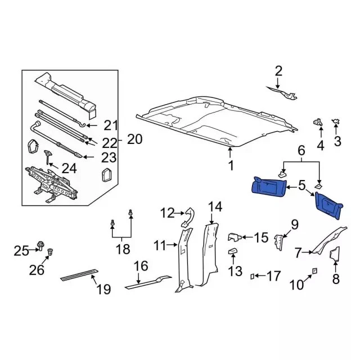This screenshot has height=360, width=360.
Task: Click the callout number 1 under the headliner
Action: [230, 165]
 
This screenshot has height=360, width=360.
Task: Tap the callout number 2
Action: [278, 71]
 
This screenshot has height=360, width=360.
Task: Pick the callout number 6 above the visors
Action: [301, 150]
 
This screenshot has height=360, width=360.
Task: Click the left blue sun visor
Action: [268, 185]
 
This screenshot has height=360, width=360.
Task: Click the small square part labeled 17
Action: [253, 276]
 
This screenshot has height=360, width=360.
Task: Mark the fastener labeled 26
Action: [51, 251]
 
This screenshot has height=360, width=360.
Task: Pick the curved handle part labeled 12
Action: [190, 214]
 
